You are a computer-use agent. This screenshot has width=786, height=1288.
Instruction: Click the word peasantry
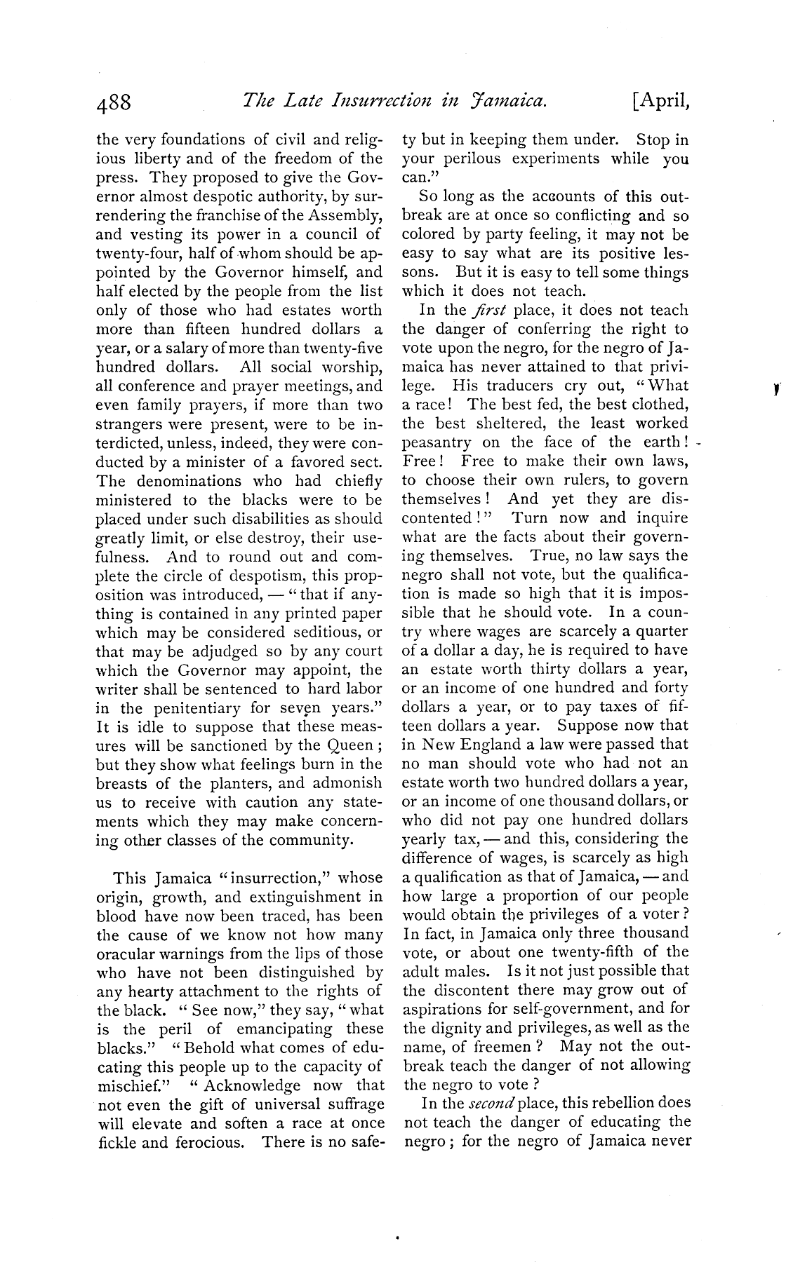(437, 443)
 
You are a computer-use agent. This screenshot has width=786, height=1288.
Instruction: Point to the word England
(492, 745)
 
